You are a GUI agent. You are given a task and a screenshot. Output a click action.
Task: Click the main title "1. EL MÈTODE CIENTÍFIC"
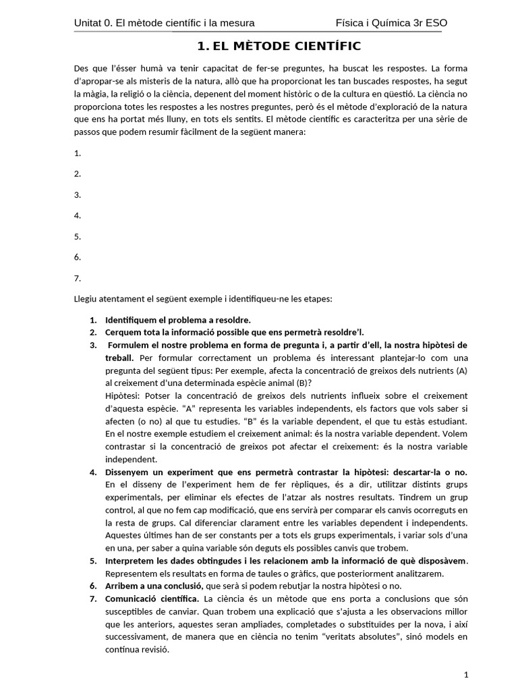279,47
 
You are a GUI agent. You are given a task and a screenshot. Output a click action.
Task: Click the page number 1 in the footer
466,674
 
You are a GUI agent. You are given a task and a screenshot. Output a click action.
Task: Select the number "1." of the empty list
78,153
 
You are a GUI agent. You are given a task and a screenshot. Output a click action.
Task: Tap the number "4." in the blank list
78,216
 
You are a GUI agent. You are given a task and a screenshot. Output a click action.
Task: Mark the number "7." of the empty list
78,278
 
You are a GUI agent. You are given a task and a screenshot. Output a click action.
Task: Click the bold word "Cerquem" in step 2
124,332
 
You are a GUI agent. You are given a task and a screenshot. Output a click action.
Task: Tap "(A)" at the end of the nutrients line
461,370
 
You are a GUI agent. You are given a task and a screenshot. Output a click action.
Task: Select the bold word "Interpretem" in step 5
132,561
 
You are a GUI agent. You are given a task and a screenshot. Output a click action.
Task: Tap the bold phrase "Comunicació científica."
152,599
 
